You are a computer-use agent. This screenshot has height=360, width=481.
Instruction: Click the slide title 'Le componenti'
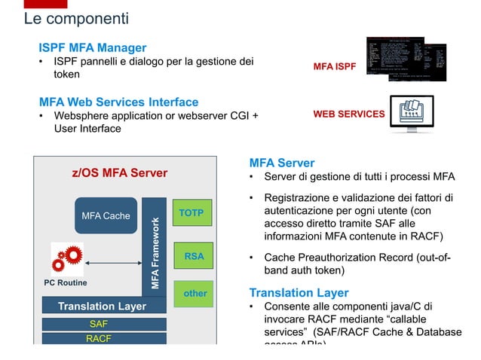coord(76,18)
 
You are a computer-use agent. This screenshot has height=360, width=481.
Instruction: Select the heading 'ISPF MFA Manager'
coord(93,47)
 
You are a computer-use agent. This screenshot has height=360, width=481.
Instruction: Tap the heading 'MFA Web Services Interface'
coord(118,102)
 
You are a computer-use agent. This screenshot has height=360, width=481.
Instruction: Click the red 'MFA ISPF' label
coord(335,68)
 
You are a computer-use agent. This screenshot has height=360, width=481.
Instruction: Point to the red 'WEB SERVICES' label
coord(348,115)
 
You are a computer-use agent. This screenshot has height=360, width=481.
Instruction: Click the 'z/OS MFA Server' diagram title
coord(119,174)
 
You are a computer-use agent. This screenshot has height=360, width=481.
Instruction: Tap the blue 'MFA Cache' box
coord(106,216)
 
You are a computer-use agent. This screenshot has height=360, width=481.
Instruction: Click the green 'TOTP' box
coord(191,214)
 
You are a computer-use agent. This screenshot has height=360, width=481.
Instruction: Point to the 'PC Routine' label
coord(65,283)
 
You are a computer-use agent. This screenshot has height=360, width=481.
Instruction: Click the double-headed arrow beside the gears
coord(114,263)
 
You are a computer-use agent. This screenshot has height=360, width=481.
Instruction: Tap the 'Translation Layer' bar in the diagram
coord(102,307)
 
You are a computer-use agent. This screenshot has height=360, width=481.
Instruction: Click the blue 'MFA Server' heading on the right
coord(281,163)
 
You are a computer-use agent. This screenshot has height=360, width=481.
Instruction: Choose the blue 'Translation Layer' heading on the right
coord(299,293)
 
